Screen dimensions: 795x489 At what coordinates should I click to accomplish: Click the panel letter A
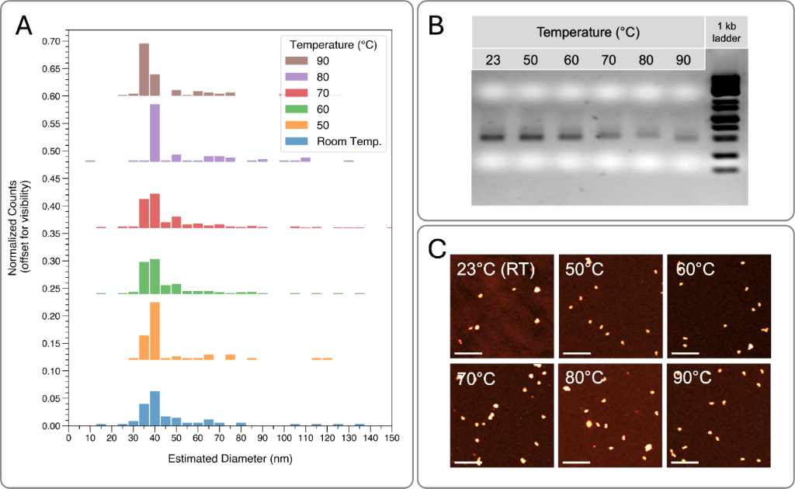[x=24, y=26]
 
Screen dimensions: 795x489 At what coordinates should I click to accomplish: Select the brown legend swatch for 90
[x=297, y=61]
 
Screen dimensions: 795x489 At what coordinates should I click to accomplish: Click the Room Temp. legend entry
[x=333, y=141]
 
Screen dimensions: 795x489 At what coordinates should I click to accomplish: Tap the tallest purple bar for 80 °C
[x=154, y=133]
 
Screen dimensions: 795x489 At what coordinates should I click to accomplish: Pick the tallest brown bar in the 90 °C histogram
[x=144, y=69]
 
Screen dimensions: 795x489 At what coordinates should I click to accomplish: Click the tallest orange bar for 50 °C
[x=154, y=331]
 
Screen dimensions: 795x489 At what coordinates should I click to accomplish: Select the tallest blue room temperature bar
[x=154, y=408]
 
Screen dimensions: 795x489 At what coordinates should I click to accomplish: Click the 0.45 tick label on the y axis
[x=52, y=179]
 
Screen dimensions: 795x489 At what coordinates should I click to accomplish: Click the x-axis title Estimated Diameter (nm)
[x=230, y=459]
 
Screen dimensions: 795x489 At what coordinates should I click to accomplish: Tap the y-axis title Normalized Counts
[x=12, y=227]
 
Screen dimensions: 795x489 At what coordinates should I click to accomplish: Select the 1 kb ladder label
[x=726, y=32]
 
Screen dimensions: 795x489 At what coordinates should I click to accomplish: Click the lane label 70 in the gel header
[x=609, y=60]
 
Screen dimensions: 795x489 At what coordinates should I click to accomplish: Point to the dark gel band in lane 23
[x=492, y=137]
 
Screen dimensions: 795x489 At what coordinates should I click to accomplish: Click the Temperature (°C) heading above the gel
[x=588, y=33]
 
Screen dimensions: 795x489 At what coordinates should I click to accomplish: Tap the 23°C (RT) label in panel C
[x=495, y=269]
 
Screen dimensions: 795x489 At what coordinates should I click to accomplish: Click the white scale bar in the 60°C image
[x=686, y=353]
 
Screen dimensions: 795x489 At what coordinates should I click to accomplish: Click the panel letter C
[x=437, y=249]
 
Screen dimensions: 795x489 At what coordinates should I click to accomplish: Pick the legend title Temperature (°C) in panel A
[x=333, y=44]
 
